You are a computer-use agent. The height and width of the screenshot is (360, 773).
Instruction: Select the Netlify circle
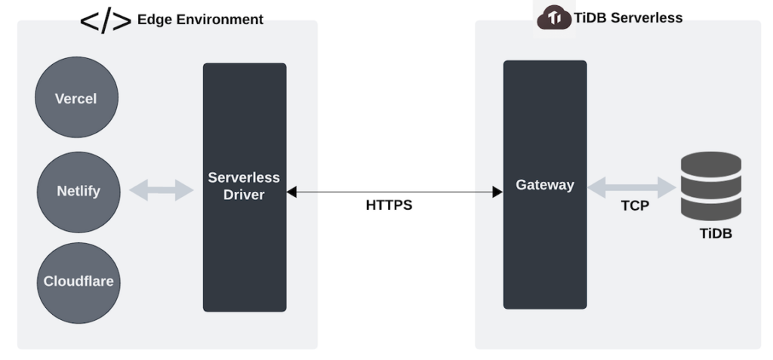pyautogui.click(x=78, y=191)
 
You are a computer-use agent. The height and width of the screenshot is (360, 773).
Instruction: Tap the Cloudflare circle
pyautogui.click(x=78, y=282)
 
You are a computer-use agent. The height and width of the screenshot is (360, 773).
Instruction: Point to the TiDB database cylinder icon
pyautogui.click(x=711, y=186)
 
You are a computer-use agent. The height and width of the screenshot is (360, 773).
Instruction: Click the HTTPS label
pyautogui.click(x=389, y=205)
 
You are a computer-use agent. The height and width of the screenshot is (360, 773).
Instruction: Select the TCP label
pyautogui.click(x=635, y=205)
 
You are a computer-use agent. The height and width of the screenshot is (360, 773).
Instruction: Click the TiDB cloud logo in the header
pyautogui.click(x=554, y=18)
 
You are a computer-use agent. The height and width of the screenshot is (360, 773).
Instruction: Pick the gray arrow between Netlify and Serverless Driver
pyautogui.click(x=162, y=190)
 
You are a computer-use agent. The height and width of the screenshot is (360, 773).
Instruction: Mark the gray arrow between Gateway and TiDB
pyautogui.click(x=631, y=187)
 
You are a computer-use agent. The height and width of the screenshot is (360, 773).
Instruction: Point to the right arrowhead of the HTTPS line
pyautogui.click(x=497, y=192)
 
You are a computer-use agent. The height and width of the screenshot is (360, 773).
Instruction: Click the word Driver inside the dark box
pyautogui.click(x=244, y=195)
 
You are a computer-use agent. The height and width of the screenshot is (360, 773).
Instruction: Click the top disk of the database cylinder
pyautogui.click(x=711, y=163)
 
